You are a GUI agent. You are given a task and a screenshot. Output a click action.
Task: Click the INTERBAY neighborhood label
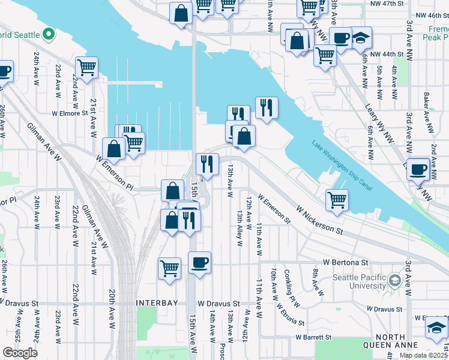pos(157,303)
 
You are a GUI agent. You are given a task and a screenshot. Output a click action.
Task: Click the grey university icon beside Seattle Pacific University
pos(394,280)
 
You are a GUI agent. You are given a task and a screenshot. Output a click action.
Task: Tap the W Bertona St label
pos(345,262)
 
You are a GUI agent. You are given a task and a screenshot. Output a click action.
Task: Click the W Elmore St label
pos(70,112)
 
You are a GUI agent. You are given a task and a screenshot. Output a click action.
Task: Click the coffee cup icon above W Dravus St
pos(199,262)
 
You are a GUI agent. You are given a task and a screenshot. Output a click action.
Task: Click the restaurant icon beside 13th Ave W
pos(207,163)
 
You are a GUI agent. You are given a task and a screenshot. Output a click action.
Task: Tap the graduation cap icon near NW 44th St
pos(361,38)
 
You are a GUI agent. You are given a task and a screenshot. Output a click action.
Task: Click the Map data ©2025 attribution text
pos(423,355)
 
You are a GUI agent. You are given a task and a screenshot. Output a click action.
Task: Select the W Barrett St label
pos(313,338)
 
